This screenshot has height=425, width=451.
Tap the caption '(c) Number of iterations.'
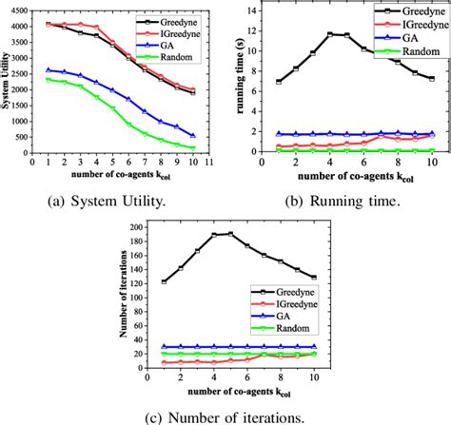[225, 415]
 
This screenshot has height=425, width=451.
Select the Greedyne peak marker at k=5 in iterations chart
[229, 234]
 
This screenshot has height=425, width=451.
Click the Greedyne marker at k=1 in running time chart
[279, 82]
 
